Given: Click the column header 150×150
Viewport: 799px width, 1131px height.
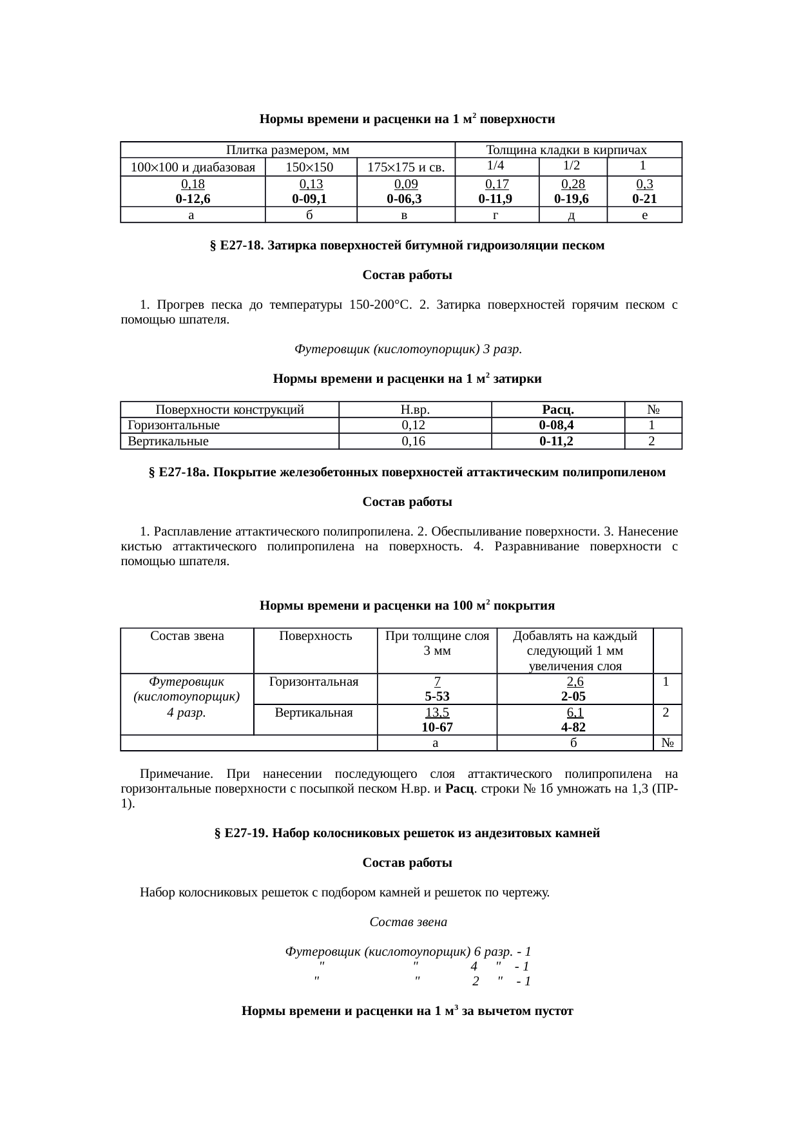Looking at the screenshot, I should pyautogui.click(x=310, y=168).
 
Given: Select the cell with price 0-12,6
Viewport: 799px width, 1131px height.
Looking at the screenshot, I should pyautogui.click(x=192, y=199).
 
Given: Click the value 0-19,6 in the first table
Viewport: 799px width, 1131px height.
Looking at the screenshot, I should pyautogui.click(x=572, y=199).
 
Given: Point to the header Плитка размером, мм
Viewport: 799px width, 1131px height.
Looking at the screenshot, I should pyautogui.click(x=287, y=150).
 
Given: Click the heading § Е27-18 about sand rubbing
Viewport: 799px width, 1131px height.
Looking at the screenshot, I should pyautogui.click(x=407, y=246).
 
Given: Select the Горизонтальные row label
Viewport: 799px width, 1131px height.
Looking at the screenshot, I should pyautogui.click(x=174, y=425).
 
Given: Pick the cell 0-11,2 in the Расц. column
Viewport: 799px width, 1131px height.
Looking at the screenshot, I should pyautogui.click(x=557, y=441).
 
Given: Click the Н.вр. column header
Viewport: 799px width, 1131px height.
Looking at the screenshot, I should pyautogui.click(x=414, y=409).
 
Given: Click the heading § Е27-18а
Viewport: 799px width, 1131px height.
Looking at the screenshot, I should pyautogui.click(x=407, y=472).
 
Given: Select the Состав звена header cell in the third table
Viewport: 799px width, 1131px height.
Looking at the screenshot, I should pyautogui.click(x=187, y=637).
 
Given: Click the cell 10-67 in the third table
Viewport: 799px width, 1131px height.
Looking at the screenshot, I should pyautogui.click(x=436, y=727).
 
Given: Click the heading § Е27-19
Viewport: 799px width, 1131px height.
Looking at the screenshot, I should pyautogui.click(x=407, y=833).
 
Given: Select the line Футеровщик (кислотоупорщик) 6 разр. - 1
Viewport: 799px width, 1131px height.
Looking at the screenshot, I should pyautogui.click(x=408, y=951).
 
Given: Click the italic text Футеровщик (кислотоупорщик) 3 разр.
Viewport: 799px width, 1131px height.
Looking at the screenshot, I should pyautogui.click(x=408, y=349).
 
